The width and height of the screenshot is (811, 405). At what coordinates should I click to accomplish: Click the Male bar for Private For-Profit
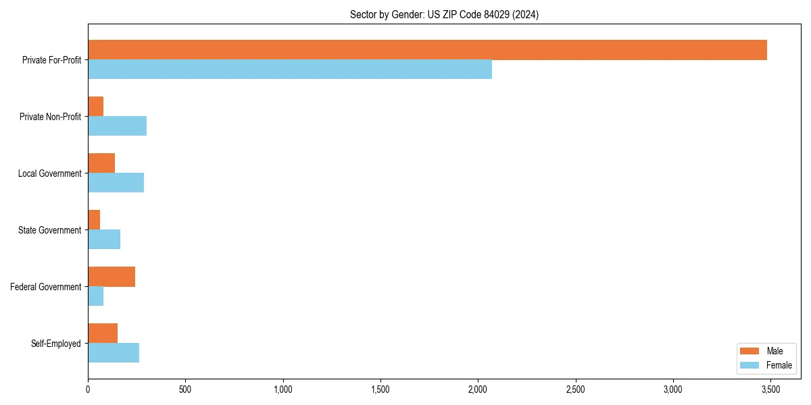427,50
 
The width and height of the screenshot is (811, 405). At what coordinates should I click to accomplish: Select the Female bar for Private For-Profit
290,70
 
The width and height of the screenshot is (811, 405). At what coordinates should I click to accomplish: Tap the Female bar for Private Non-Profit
117,126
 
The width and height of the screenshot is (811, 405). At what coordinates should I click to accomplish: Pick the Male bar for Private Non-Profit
95,107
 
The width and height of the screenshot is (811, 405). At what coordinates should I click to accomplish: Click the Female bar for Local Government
116,183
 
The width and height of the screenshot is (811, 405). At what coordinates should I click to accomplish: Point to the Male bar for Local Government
101,163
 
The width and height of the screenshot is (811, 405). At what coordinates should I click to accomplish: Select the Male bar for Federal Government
112,277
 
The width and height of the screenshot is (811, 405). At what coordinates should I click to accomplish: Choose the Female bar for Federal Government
95,296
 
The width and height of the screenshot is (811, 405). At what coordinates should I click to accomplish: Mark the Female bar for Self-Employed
114,353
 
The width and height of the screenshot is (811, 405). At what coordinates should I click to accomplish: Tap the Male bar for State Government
94,220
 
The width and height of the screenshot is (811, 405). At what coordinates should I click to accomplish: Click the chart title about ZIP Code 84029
444,14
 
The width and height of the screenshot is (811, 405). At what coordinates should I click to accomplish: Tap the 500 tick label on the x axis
185,389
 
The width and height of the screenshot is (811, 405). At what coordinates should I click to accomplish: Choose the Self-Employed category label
56,344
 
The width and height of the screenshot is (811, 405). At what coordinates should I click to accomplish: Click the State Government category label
50,230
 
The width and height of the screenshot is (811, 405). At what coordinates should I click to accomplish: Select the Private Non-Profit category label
50,117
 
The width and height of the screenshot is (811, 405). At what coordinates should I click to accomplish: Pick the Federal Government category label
46,287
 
